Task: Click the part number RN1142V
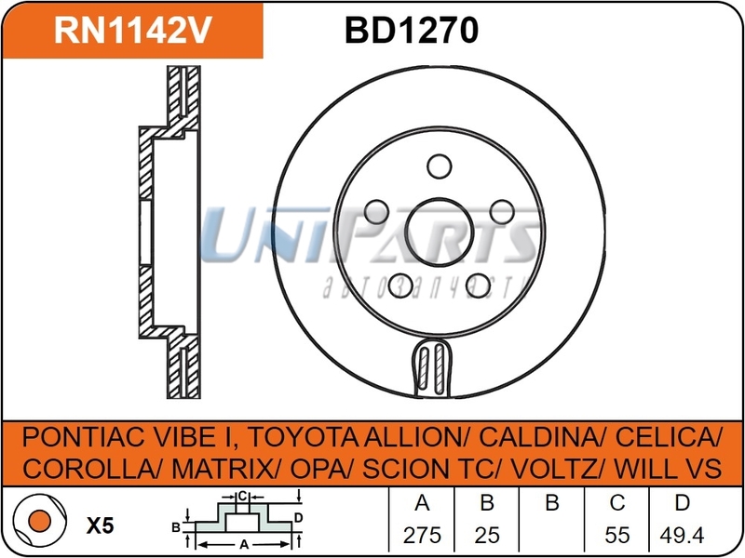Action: (133, 31)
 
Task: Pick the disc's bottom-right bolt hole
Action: (475, 282)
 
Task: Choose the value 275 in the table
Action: (421, 535)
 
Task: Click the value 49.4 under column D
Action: (682, 535)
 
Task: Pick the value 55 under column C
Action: (616, 535)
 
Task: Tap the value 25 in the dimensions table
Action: (486, 535)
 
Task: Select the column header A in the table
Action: (421, 504)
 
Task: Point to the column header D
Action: (682, 504)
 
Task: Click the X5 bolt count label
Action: (100, 525)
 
